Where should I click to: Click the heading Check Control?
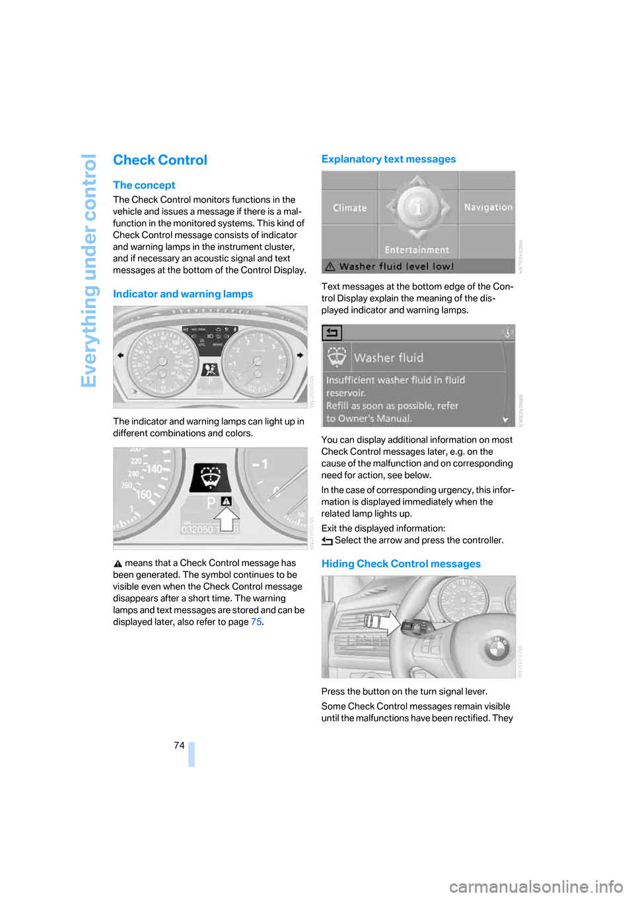pos(160,160)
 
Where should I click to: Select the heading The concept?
pos(144,185)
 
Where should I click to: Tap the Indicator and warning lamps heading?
pos(183,294)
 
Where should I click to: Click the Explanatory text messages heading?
pos(388,159)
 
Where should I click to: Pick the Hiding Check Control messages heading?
pos(401,564)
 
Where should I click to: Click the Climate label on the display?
pos(349,208)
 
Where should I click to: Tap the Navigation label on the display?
pos(488,208)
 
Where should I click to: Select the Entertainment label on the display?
pos(417,250)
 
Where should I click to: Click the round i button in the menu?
pos(417,208)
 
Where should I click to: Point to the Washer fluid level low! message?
pos(396,266)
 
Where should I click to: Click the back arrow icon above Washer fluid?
pos(332,333)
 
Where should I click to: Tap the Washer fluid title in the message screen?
pos(388,358)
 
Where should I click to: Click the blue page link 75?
pos(256,622)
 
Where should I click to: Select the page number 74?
pos(179,745)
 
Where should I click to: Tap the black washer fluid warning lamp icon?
pos(210,477)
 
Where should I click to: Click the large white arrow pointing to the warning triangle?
pos(227,519)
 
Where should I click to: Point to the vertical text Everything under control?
pos(89,270)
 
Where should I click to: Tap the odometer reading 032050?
pos(197,530)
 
